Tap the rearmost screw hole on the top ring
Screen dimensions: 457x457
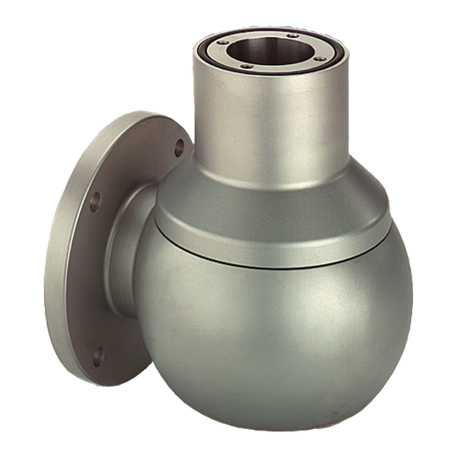tap(292, 35)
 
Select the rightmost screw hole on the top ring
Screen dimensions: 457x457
tap(320, 59)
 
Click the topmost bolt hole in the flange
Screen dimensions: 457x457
tap(179, 148)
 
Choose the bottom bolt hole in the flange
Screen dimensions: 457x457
tap(98, 356)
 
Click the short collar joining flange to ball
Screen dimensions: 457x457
tap(123, 250)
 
